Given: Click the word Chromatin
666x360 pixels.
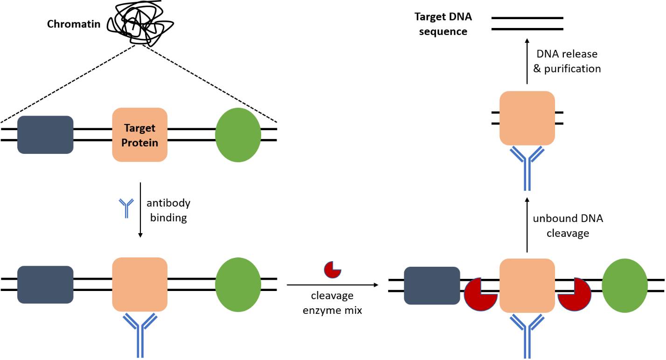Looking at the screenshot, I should [x=74, y=23].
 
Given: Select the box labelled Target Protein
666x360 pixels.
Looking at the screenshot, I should [x=140, y=135].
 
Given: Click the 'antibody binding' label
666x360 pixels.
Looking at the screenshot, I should [x=168, y=210].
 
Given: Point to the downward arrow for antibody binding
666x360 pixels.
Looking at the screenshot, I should [x=140, y=210].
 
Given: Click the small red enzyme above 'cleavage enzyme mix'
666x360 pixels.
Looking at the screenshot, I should [x=333, y=270].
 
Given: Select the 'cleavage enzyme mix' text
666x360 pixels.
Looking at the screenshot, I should [x=332, y=303].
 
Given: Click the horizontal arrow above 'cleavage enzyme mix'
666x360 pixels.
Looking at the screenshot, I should [x=332, y=284].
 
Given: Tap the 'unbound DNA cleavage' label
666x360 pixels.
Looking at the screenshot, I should [x=568, y=226].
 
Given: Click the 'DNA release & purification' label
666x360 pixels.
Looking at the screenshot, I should [x=567, y=61].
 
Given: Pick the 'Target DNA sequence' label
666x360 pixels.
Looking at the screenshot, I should [x=443, y=24].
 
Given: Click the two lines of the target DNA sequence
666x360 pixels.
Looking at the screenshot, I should [x=527, y=23].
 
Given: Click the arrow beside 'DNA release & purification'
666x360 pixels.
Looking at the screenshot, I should [x=527, y=61].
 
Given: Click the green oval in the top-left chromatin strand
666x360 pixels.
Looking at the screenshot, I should [x=238, y=135].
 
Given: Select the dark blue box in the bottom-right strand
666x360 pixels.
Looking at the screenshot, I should [x=432, y=285].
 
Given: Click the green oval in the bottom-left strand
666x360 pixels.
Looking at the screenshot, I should [x=238, y=284].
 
